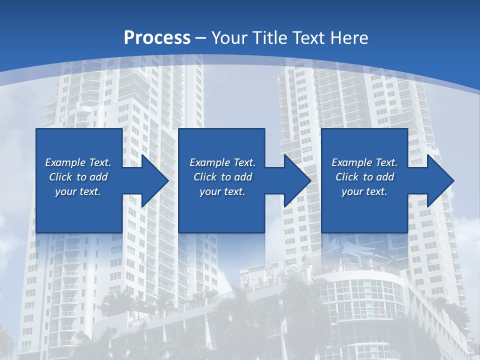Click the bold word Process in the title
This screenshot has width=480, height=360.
click(x=157, y=37)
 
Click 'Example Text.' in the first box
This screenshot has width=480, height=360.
click(x=78, y=162)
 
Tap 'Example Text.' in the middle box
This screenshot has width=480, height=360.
click(x=222, y=162)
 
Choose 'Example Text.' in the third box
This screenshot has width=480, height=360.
click(x=364, y=162)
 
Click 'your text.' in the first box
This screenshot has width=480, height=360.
click(x=78, y=191)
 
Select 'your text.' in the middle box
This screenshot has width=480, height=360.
click(x=222, y=191)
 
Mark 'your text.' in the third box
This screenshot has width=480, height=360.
click(x=364, y=191)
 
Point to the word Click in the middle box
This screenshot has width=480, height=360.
click(x=205, y=177)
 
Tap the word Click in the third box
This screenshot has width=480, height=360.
click(x=347, y=177)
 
